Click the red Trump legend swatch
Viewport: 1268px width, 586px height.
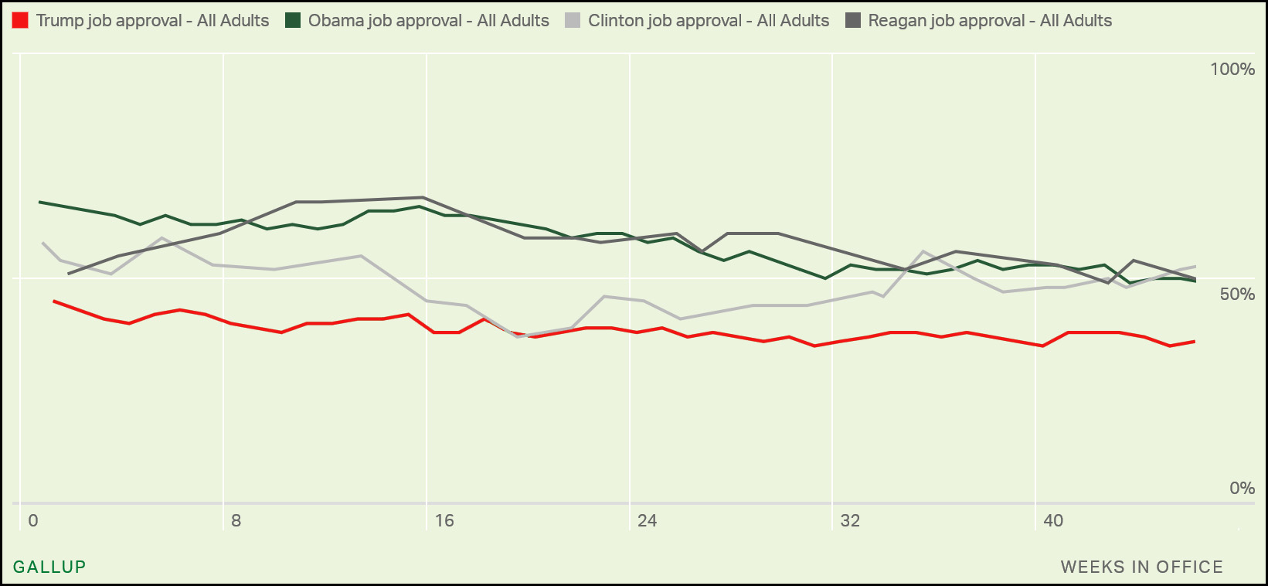[x=21, y=21]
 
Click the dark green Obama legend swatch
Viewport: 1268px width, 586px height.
[x=293, y=21]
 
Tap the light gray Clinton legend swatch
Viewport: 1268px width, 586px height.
[x=573, y=21]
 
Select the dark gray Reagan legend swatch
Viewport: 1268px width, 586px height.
[x=853, y=21]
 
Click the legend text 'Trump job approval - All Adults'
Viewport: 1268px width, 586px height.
[x=152, y=21]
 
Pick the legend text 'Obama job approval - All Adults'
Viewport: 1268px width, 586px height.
[x=429, y=21]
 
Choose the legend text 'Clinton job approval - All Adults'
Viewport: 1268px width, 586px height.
[x=709, y=21]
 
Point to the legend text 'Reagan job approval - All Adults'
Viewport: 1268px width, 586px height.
[x=990, y=21]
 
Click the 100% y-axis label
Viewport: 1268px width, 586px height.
[x=1232, y=70]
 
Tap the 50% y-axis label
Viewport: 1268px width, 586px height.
[x=1237, y=294]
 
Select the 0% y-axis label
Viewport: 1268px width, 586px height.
[x=1242, y=488]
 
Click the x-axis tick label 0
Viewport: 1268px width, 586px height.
[x=33, y=520]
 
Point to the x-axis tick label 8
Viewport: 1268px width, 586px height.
[x=236, y=520]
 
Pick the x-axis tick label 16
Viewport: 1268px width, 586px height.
[x=444, y=520]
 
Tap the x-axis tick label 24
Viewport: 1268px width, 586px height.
[x=648, y=520]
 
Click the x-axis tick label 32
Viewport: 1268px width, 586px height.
[x=850, y=520]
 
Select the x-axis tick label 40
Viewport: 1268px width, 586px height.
[x=1053, y=520]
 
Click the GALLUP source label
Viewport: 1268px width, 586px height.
[x=49, y=567]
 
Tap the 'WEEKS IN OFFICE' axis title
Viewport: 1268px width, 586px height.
[x=1141, y=567]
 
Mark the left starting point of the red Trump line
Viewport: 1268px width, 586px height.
[x=53, y=301]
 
